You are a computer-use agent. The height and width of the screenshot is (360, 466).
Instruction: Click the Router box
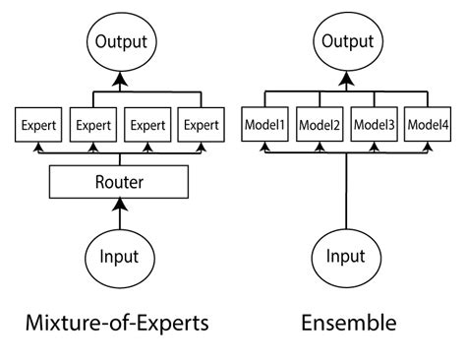click(119, 182)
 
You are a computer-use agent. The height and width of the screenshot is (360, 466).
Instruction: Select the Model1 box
click(263, 125)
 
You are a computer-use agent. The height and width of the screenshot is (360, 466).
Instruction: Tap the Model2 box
click(319, 125)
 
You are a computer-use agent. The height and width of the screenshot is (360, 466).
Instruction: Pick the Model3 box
click(374, 125)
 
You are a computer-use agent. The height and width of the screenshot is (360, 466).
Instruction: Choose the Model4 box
click(429, 125)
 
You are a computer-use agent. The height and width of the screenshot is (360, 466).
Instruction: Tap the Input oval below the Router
click(119, 257)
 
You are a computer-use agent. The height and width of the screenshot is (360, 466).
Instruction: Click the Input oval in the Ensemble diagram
click(346, 257)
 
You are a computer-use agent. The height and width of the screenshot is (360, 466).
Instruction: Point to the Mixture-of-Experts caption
click(119, 321)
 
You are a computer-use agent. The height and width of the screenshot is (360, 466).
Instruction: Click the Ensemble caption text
click(346, 321)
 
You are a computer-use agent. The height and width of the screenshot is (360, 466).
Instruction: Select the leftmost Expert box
click(36, 125)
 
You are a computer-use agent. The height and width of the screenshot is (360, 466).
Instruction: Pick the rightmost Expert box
click(202, 125)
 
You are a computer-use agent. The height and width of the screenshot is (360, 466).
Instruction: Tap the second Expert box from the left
click(91, 125)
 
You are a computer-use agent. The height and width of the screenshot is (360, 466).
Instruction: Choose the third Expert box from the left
click(146, 125)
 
